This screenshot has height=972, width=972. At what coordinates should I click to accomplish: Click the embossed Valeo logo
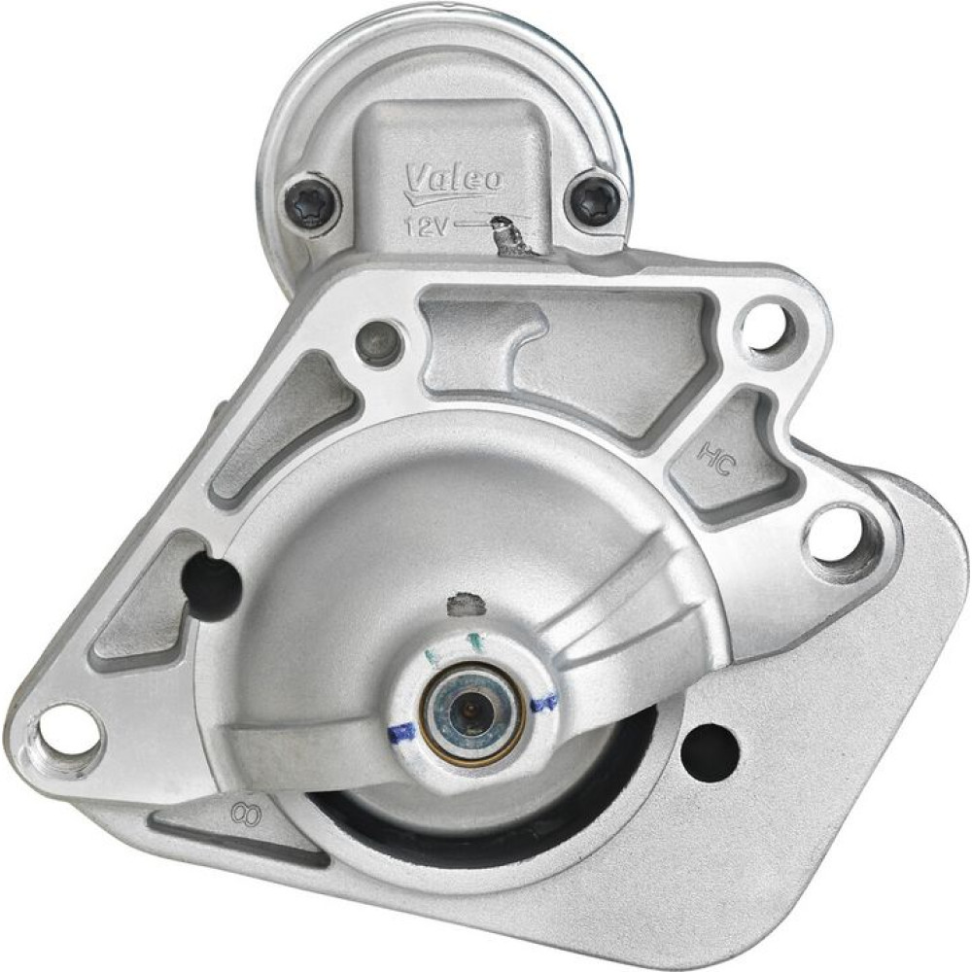point(454,183)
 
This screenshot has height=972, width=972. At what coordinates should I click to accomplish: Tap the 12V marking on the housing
point(426,226)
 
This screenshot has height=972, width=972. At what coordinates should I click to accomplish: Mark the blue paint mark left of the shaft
point(402,732)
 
